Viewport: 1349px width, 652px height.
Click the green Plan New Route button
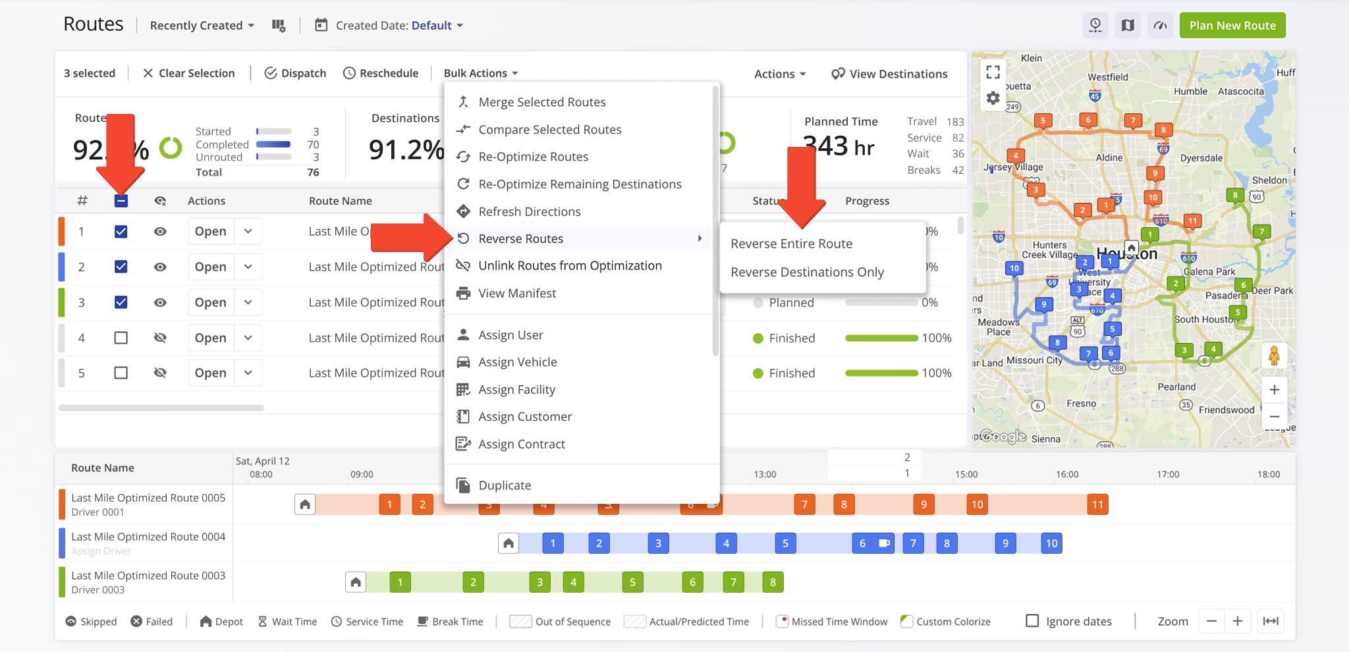coord(1232,26)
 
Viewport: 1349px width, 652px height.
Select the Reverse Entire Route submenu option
coord(791,244)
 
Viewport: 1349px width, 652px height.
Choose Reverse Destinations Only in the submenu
coord(807,272)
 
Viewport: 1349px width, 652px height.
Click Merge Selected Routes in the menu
coord(541,102)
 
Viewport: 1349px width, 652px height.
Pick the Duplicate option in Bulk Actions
coord(504,485)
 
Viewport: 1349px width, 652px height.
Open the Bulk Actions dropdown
coord(480,73)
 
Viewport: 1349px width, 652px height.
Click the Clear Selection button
coord(188,73)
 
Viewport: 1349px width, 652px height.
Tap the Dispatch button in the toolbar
coord(295,73)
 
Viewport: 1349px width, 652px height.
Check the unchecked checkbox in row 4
coord(121,338)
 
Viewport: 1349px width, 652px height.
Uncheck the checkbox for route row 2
coord(121,267)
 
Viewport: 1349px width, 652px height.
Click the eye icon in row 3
coord(160,302)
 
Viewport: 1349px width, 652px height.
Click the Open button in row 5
coord(210,373)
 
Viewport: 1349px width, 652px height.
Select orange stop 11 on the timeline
coord(1097,504)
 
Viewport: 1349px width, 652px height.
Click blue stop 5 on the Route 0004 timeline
coord(785,543)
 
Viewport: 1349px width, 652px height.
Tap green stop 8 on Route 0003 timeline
coord(773,582)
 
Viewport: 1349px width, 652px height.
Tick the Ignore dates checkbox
coord(1032,621)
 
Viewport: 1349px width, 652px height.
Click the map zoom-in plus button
coord(1274,389)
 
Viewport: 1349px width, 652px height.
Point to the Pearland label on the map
coord(1176,387)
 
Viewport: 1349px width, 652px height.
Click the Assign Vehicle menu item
coord(517,362)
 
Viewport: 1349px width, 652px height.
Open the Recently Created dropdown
coord(202,26)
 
